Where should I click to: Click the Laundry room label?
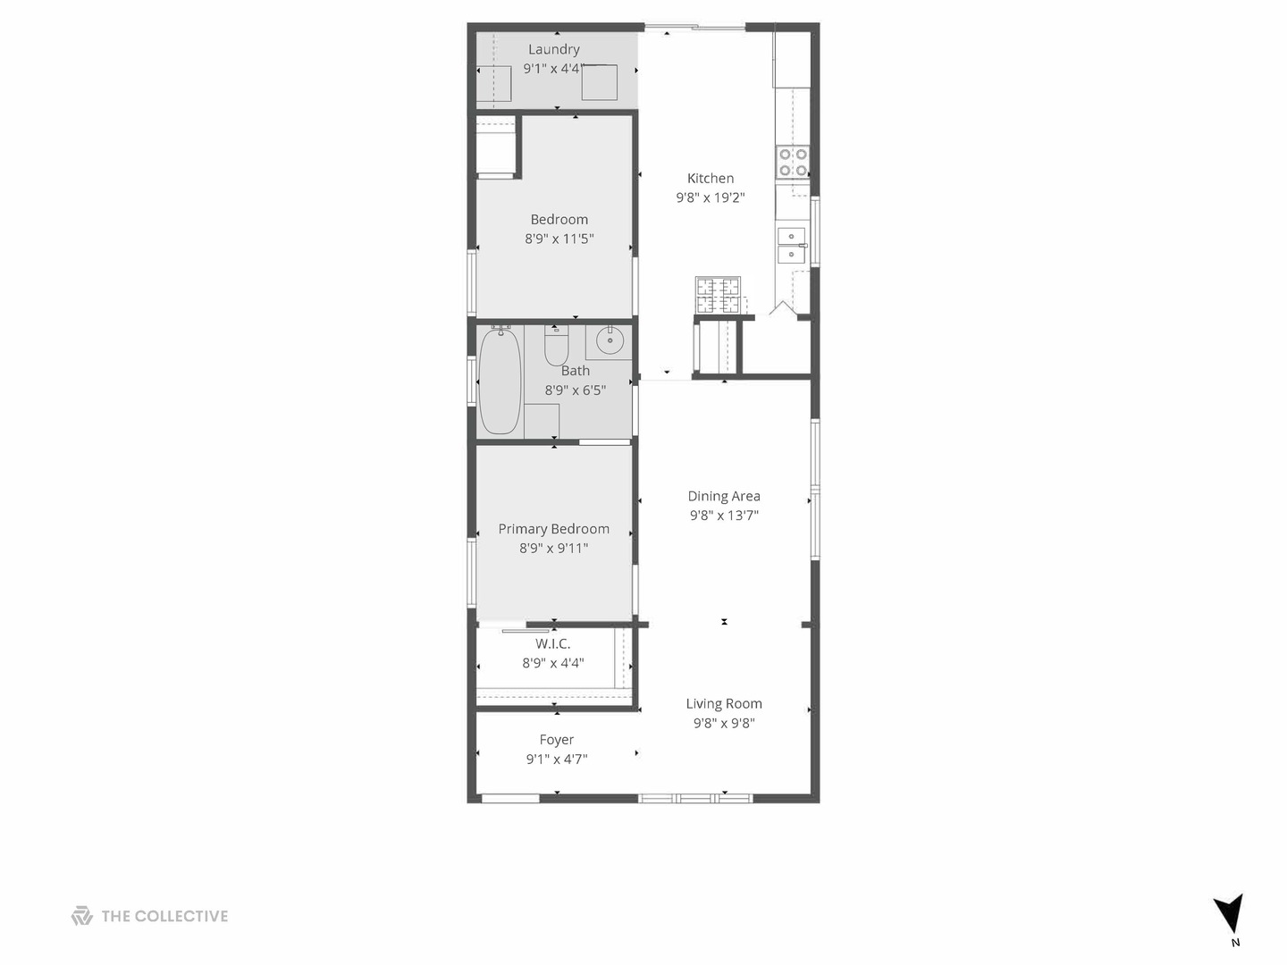(x=553, y=49)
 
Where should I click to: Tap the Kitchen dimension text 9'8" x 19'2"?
(x=710, y=197)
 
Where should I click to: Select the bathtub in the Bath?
(x=500, y=382)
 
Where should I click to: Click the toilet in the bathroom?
(x=556, y=346)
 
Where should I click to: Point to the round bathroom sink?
(x=610, y=340)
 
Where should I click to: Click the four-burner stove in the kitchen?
(x=793, y=163)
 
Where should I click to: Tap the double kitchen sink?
(x=791, y=246)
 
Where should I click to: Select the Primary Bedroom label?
(x=553, y=529)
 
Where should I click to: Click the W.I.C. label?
(x=552, y=643)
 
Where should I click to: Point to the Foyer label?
(x=556, y=740)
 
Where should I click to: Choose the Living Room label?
(x=724, y=704)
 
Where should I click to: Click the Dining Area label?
(x=724, y=496)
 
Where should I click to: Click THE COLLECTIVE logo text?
(x=164, y=916)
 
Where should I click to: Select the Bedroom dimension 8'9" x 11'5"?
(x=559, y=239)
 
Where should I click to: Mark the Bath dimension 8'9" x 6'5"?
(x=576, y=390)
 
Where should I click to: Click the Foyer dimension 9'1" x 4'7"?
(x=556, y=759)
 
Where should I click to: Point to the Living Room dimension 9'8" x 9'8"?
(x=724, y=723)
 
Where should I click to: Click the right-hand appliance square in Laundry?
(x=599, y=82)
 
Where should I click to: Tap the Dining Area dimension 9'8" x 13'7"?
(x=724, y=515)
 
